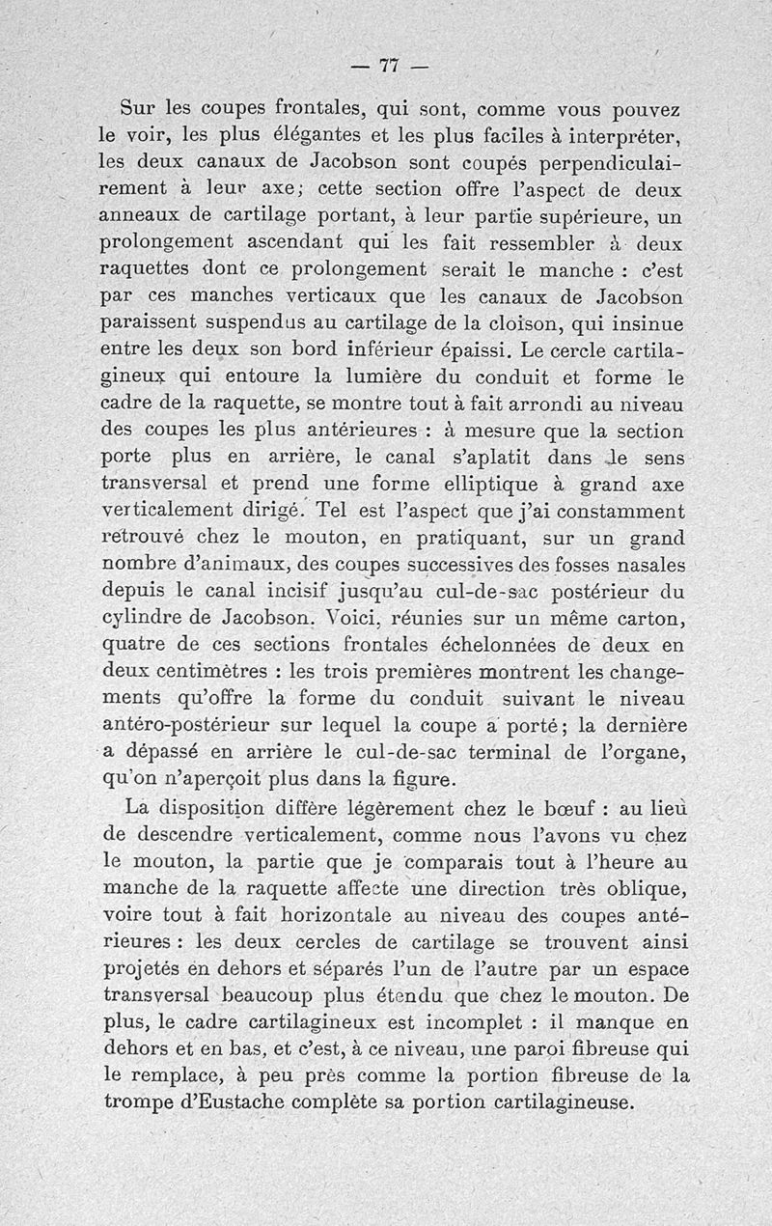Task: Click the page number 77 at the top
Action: (389, 66)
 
